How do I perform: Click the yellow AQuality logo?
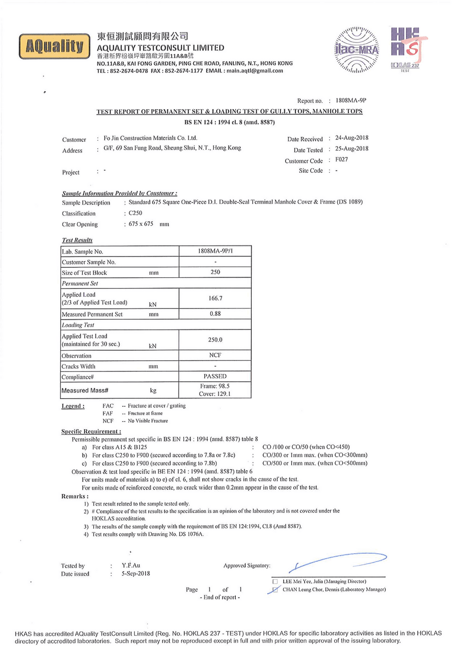54,46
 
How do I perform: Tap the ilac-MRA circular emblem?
357,50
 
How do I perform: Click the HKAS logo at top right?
405,49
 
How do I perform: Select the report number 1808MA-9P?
351,101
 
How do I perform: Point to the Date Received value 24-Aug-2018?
352,138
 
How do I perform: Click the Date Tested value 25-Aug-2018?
352,149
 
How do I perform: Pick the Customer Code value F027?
342,159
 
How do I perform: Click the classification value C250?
135,213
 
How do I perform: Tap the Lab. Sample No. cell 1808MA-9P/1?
215,251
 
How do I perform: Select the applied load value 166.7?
215,298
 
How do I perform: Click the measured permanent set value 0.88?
215,314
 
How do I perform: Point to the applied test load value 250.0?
215,340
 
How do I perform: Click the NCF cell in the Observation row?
215,356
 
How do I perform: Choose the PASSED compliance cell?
215,376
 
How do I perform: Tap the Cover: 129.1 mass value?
215,394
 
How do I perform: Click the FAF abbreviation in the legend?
108,413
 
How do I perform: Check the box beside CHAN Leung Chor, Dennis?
275,590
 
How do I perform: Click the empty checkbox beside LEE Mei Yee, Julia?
275,581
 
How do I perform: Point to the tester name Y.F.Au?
131,565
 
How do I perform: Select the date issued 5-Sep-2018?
136,574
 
